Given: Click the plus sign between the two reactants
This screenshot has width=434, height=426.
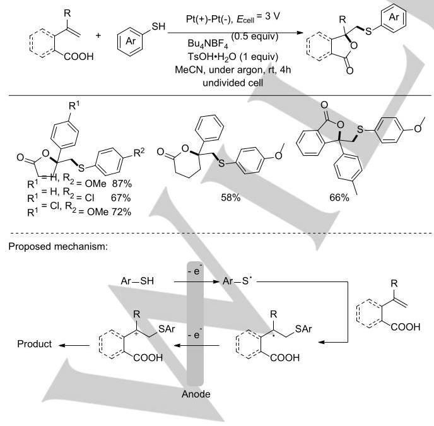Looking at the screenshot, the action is click(x=98, y=35).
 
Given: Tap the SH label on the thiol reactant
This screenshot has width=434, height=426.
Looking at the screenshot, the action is click(x=158, y=27).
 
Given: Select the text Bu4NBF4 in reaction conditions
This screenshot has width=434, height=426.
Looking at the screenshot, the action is click(x=208, y=44).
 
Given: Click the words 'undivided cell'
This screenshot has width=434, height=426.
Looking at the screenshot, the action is click(x=233, y=83).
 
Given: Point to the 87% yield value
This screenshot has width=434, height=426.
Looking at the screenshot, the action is click(x=122, y=184).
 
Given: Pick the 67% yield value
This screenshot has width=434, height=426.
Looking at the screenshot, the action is click(x=120, y=198).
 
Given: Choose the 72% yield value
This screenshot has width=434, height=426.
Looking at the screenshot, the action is click(x=122, y=212).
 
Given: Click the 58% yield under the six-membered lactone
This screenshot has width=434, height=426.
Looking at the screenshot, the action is click(x=231, y=198).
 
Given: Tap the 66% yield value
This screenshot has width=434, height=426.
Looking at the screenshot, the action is click(x=339, y=198).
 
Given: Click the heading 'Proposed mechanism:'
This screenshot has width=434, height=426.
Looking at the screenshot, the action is click(x=58, y=246).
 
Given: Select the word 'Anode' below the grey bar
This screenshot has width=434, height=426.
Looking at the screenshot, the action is click(x=196, y=394).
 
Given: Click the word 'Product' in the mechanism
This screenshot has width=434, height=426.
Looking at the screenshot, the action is click(x=34, y=344).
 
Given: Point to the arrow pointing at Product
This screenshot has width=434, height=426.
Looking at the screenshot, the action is click(x=74, y=345).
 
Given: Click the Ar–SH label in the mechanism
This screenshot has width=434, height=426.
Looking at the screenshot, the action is click(x=138, y=281).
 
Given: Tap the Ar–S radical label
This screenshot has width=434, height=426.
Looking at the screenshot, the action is click(x=237, y=281).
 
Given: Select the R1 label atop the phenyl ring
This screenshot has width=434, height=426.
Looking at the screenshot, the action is click(x=74, y=105).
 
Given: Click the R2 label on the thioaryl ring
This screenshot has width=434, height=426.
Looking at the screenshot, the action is click(x=139, y=153).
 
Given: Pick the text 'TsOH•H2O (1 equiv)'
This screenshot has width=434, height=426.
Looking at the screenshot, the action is click(x=233, y=57).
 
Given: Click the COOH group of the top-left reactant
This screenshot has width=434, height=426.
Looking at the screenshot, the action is click(x=79, y=57).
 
